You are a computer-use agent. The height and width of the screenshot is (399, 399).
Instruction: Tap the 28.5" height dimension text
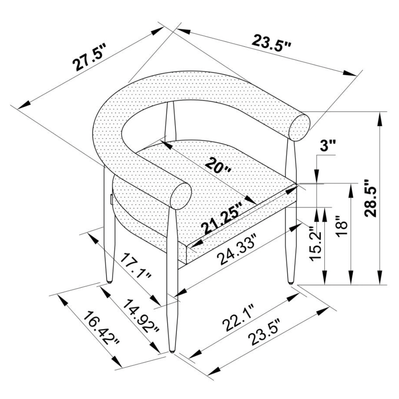coord(370,198)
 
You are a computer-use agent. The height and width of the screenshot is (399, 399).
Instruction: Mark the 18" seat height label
coord(341,227)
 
